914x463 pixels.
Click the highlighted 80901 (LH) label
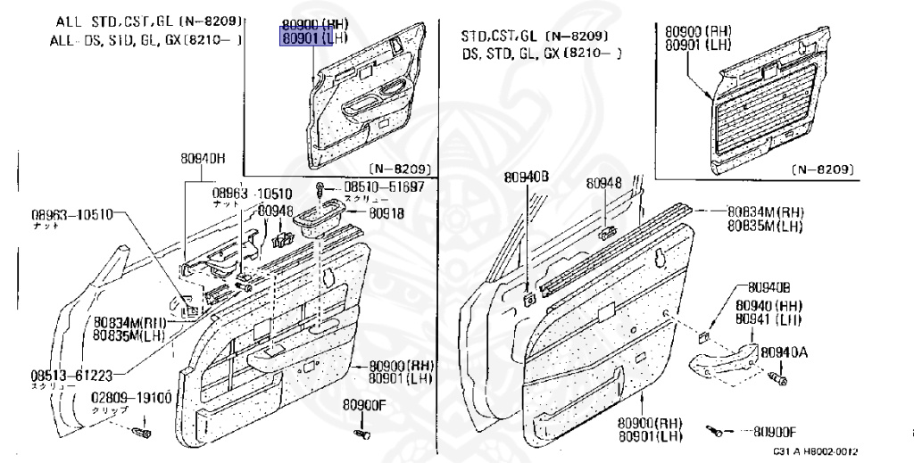click(315, 39)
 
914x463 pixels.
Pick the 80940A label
click(784, 352)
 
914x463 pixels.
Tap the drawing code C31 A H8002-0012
click(815, 452)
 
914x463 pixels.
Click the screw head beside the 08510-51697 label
click(320, 187)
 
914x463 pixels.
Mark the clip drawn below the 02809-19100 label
click(140, 434)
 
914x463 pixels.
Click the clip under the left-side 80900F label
click(361, 434)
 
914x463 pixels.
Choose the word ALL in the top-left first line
click(68, 20)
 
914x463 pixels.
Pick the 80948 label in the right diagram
click(603, 184)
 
